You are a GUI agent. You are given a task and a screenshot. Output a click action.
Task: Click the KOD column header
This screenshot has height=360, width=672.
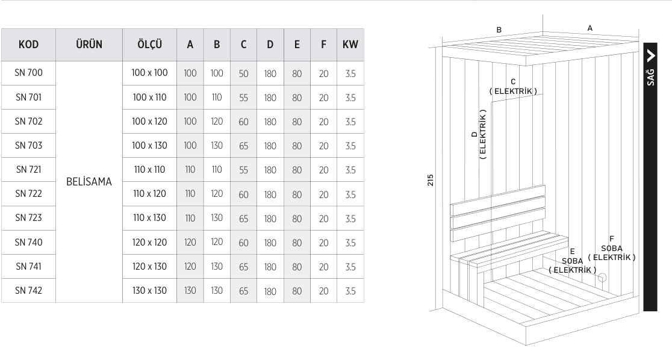(28, 45)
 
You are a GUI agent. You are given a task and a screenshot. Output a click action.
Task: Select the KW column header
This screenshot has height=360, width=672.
(350, 45)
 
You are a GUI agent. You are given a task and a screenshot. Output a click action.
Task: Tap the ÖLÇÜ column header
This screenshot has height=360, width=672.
(149, 45)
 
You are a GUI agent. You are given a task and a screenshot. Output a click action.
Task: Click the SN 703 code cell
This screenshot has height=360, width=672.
(28, 145)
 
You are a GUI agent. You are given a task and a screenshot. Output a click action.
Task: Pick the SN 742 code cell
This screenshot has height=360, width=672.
(28, 290)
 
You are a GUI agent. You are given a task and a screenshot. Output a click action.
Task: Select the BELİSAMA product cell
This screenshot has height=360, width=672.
(89, 182)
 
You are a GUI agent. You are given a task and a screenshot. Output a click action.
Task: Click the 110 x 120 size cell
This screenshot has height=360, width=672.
(149, 194)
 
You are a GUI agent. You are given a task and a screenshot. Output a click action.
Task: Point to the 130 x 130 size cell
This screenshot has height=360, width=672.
(149, 290)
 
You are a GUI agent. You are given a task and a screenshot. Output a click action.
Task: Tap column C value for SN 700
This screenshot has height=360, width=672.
(243, 73)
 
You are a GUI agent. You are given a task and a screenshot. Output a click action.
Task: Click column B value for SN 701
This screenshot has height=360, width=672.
(217, 98)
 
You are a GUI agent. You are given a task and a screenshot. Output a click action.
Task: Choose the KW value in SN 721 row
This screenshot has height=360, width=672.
(350, 170)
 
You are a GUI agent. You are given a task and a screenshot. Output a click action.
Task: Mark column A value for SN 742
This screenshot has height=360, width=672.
(190, 290)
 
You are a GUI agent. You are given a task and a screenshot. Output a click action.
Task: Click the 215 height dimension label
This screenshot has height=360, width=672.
(431, 180)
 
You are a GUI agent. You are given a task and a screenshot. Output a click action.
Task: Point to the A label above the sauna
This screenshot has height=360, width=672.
(590, 28)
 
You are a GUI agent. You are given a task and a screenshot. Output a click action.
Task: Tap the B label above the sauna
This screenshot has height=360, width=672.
(499, 30)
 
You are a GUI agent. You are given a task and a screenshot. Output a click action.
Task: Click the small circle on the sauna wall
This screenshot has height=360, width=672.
(602, 278)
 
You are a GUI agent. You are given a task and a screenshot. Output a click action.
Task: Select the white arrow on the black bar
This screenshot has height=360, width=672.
(650, 56)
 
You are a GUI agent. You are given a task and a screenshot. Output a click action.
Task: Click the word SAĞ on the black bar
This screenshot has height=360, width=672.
(650, 77)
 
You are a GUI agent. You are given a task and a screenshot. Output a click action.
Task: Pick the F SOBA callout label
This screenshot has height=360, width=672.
(612, 248)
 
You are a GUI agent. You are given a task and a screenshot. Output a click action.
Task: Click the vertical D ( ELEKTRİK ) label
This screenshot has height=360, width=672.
(479, 134)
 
